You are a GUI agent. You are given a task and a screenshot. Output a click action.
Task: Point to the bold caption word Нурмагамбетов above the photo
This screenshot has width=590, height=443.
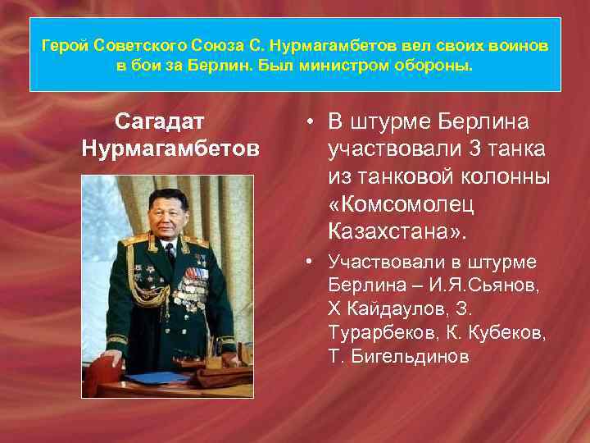coord(170,148)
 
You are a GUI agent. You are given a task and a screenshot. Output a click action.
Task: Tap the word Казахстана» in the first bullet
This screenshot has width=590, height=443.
coord(397,231)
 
